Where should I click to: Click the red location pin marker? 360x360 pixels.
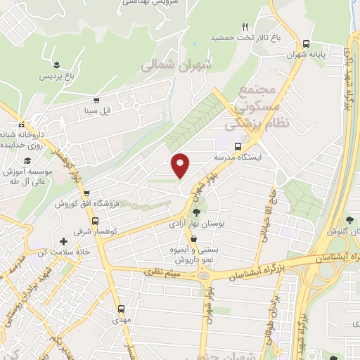coord(181,165)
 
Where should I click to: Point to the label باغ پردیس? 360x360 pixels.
coord(56,75)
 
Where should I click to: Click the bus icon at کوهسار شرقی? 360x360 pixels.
coord(95,219)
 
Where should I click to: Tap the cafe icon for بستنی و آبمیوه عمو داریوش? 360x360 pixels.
coord(193,240)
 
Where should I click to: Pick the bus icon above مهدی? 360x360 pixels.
coord(122,308)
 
